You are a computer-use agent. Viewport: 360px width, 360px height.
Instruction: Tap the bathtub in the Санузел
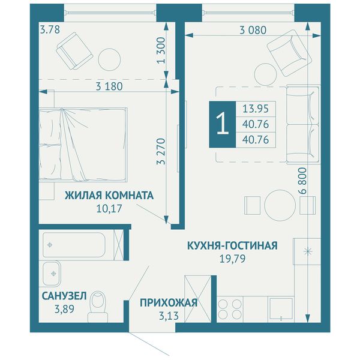pyautogui.click(x=74, y=245)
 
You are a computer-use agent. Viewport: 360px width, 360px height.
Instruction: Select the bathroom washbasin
pyautogui.click(x=52, y=274)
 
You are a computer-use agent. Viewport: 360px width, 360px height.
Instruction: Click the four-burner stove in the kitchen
pyautogui.click(x=230, y=309)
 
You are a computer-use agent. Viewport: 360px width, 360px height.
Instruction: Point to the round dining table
pyautogui.click(x=280, y=205)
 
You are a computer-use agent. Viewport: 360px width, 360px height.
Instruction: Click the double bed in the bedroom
pyautogui.click(x=83, y=145)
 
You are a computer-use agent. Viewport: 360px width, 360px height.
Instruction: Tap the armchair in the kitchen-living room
pyautogui.click(x=289, y=53)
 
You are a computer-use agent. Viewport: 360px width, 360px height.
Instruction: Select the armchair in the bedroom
pyautogui.click(x=74, y=51)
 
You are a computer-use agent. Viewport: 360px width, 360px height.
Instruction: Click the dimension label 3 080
pyautogui.click(x=253, y=30)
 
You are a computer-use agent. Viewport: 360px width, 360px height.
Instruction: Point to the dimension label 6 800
pyautogui.click(x=303, y=181)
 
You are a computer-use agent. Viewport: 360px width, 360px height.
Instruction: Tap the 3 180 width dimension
pyautogui.click(x=109, y=86)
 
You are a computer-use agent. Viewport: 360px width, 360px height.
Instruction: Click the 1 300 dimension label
pyautogui.click(x=161, y=50)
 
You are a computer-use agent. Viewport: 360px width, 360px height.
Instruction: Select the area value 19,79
pyautogui.click(x=233, y=259)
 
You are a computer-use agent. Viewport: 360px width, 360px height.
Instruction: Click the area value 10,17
pyautogui.click(x=109, y=209)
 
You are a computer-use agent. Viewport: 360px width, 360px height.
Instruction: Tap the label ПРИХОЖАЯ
pyautogui.click(x=169, y=303)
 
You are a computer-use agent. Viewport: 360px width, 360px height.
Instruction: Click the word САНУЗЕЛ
pyautogui.click(x=64, y=296)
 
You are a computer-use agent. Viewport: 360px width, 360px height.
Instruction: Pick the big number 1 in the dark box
pyautogui.click(x=223, y=124)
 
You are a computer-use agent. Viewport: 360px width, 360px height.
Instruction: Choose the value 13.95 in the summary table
pyautogui.click(x=256, y=109)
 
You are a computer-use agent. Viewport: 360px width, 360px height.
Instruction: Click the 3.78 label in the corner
pyautogui.click(x=50, y=29)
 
